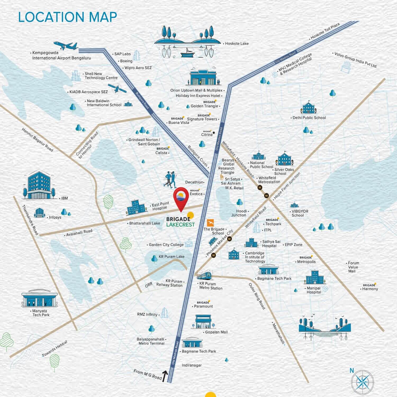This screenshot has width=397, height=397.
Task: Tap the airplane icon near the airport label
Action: (66, 46)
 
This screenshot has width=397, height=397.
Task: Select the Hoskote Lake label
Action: (237, 44)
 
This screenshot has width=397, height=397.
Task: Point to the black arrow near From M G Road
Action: (165, 376)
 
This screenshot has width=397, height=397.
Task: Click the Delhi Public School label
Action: (309, 118)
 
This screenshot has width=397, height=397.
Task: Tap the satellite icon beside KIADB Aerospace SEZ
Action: (117, 88)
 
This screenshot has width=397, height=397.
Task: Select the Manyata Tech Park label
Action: (41, 313)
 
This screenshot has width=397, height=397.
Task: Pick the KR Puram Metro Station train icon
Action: (204, 275)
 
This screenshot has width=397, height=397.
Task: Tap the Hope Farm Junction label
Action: (287, 186)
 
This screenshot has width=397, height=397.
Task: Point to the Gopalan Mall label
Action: (216, 332)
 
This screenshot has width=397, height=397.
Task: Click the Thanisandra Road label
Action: (30, 220)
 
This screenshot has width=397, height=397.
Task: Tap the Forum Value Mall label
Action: (353, 267)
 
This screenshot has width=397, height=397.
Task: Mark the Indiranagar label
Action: (192, 365)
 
